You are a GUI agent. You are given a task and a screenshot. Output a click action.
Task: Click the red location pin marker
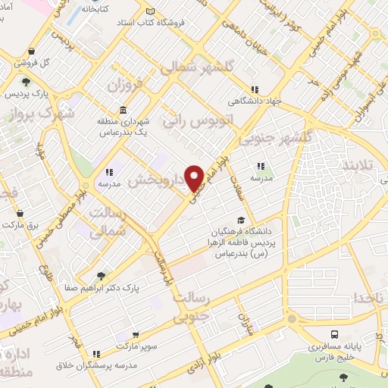point(196,177)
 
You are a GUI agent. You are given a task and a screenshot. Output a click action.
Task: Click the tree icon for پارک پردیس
point(27,82)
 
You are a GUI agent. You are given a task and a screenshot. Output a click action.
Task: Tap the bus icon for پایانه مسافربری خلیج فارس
point(334,334)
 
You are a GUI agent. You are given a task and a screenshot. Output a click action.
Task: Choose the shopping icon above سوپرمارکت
point(135,335)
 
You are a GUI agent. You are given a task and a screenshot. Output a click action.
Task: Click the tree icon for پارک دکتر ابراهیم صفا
point(101,275)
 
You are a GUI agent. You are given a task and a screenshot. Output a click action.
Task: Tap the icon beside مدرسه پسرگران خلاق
point(95,354)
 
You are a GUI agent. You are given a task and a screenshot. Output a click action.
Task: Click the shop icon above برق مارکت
point(19,214)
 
